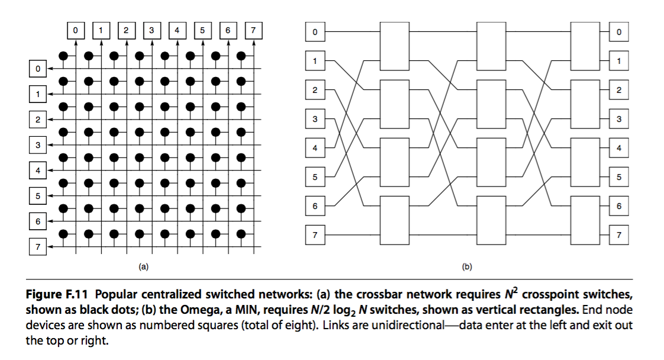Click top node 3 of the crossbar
coord(151,28)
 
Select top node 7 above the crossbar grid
coord(253,28)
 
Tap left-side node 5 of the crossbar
coord(37,195)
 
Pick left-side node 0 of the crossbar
coord(37,69)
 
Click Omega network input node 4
coord(315,147)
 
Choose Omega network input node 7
coord(315,235)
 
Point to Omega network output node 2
coord(618,90)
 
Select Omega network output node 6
coord(618,206)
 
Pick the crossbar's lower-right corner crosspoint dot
coord(241,233)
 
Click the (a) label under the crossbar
coord(143,267)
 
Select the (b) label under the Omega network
coord(466,267)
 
